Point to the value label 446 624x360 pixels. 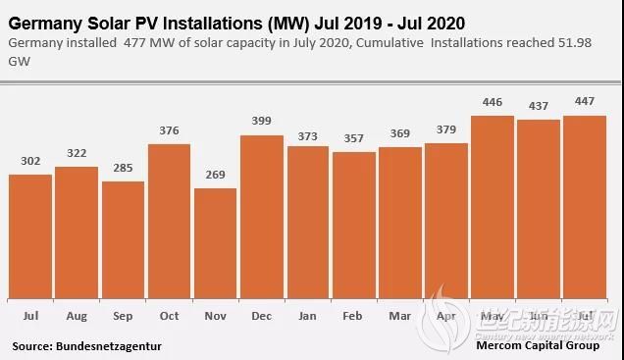tap(493, 102)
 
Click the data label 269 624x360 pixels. tap(215, 176)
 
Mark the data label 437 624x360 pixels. tap(539, 106)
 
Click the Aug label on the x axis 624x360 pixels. tap(77, 318)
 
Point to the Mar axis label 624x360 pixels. tap(399, 318)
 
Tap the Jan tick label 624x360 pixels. tap(307, 318)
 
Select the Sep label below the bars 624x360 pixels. tap(123, 318)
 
